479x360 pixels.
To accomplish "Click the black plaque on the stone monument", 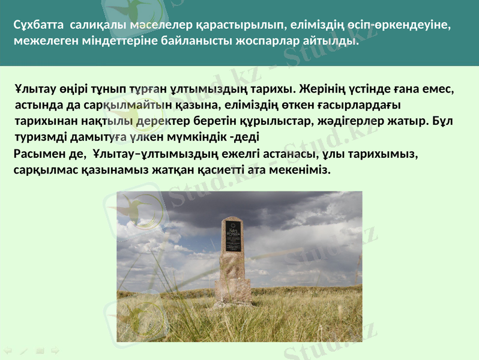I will (x=233, y=236).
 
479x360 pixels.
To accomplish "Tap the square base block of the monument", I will (x=233, y=290).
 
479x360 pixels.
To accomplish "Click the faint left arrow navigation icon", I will (x=8, y=349).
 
